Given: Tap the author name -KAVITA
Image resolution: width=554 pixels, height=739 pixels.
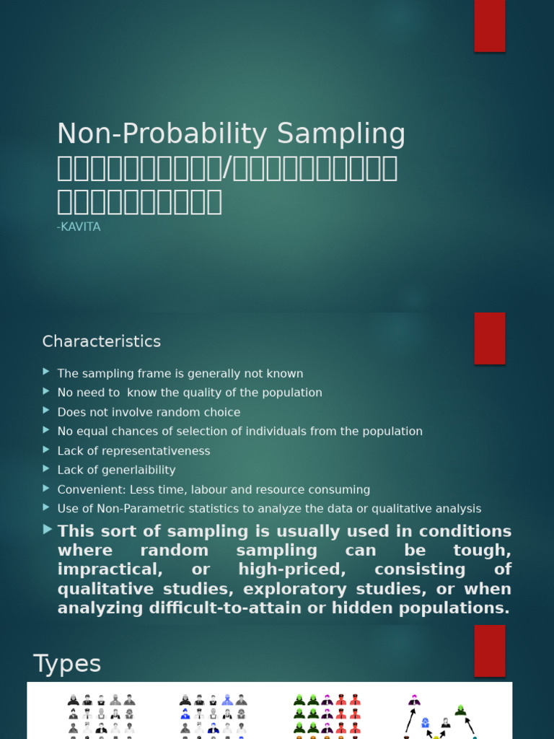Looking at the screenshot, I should tap(79, 227).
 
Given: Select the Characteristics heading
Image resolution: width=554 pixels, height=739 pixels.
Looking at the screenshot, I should tap(102, 341).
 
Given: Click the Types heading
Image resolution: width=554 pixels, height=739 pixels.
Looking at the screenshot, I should tap(67, 663).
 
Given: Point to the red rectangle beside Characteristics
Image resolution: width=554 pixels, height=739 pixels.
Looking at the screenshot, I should tap(489, 338).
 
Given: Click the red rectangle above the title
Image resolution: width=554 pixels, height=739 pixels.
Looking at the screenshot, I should tap(489, 26).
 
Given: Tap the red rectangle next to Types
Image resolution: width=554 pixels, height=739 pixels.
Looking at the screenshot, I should tap(489, 650).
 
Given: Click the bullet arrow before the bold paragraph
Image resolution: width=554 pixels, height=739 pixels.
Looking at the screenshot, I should tap(47, 529).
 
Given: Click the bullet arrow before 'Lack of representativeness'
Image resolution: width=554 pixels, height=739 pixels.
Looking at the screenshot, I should tap(47, 450).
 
